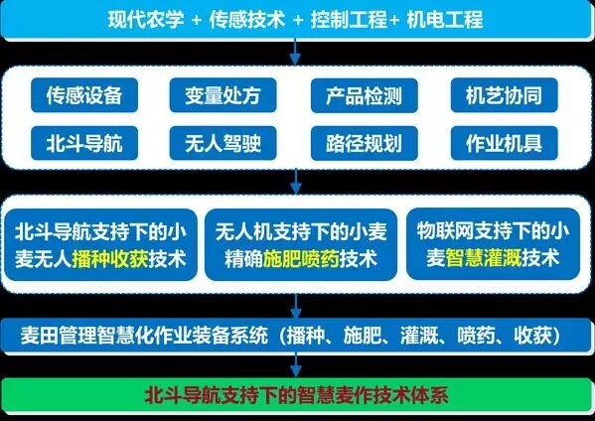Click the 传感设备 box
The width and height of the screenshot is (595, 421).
84,95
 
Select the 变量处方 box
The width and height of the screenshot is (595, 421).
223,95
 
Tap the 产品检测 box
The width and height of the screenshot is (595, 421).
365,95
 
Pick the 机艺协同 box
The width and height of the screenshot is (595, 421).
505,95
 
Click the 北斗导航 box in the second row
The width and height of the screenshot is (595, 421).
84,143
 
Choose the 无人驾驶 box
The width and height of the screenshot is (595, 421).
223,143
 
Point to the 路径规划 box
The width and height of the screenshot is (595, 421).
365,143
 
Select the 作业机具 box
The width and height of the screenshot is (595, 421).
505,143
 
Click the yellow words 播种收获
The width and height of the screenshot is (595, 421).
109,259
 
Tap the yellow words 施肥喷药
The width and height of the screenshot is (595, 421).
301,259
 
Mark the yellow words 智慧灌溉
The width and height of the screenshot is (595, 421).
484,258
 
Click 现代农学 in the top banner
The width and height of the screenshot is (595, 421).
146,19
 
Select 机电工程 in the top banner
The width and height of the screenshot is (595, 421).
445,19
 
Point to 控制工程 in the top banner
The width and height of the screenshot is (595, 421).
349,19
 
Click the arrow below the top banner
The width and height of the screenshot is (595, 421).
295,52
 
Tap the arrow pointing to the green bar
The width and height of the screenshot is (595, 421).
296,364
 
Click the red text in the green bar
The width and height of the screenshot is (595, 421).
296,395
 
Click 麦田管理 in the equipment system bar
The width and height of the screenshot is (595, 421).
58,336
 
